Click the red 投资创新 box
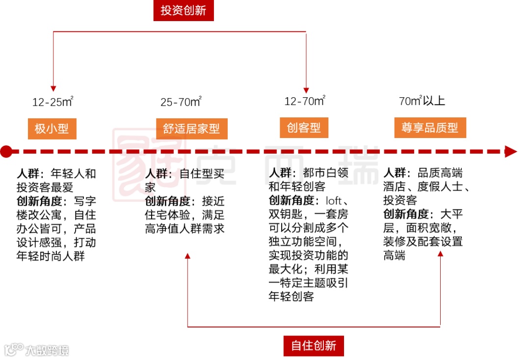tap(184, 10)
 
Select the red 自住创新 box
tap(314, 345)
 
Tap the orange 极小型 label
tap(52, 129)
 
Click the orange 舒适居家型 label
tap(191, 129)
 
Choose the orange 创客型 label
tap(304, 128)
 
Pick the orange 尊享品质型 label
tap(430, 128)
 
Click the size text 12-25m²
tap(53, 102)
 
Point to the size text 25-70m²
tap(181, 102)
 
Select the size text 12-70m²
tap(305, 101)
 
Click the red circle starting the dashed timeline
tap(6, 151)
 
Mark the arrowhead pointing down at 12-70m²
tap(306, 89)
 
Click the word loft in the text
tap(334, 201)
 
